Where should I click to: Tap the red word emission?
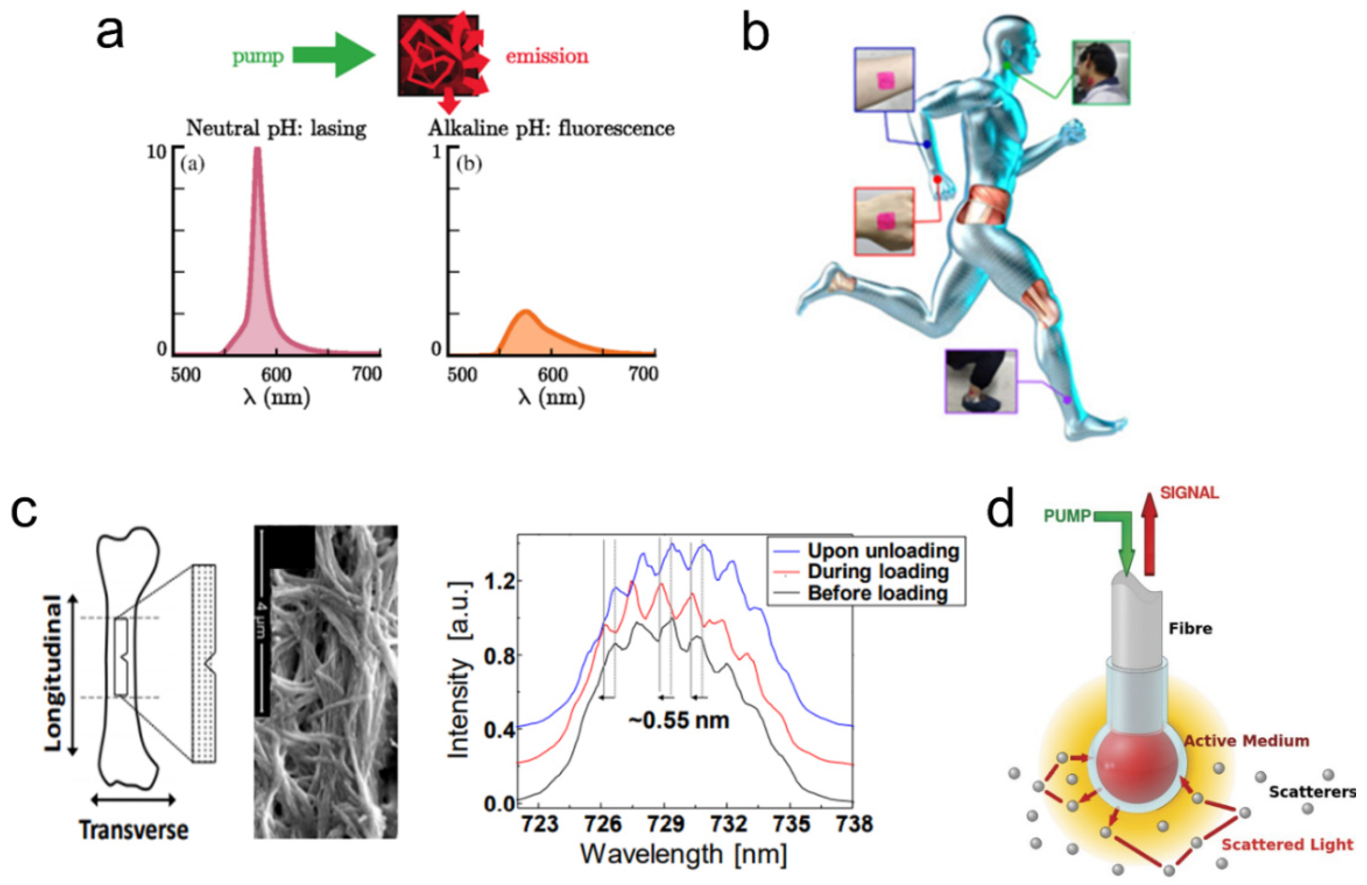click(546, 56)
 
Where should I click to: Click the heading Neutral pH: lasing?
click(276, 128)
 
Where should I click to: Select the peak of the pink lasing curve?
click(257, 151)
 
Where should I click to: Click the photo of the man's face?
click(1100, 72)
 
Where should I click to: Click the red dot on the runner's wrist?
click(937, 180)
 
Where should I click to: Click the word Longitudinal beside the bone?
click(53, 673)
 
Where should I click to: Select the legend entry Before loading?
click(877, 593)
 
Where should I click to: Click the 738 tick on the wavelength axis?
click(855, 824)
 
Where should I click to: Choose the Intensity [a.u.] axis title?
click(458, 669)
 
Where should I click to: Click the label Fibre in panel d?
click(1190, 629)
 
